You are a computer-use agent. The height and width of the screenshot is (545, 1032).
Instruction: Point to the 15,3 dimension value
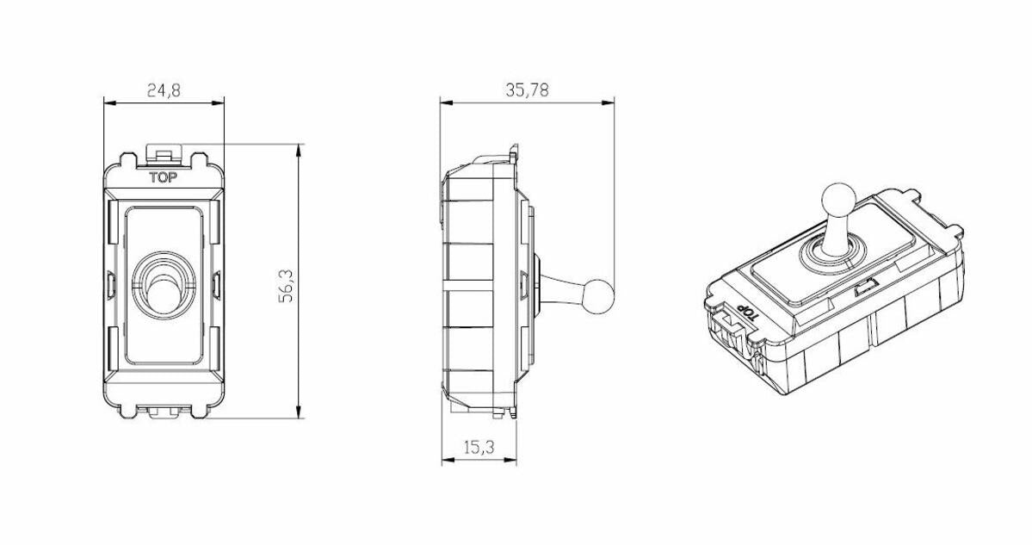point(479,448)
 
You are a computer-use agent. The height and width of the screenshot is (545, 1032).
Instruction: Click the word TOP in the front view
point(164,178)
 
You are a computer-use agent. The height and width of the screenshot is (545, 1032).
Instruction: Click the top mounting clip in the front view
point(164,155)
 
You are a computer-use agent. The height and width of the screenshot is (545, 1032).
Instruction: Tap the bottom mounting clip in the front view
point(164,413)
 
